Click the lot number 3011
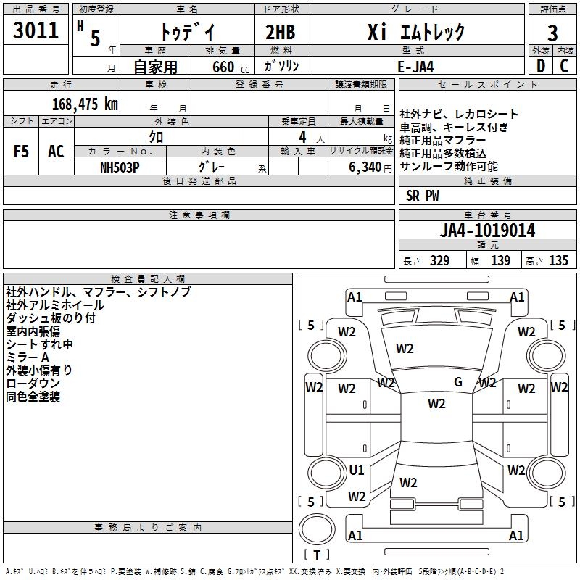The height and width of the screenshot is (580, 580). [36, 32]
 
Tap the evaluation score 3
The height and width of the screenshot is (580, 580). [552, 33]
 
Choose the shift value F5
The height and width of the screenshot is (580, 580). [21, 152]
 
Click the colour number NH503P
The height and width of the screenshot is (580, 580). [120, 167]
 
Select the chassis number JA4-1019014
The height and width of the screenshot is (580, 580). [488, 231]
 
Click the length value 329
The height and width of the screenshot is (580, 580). [437, 261]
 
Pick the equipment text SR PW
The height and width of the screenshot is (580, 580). [423, 196]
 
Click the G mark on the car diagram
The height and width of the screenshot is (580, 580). [458, 382]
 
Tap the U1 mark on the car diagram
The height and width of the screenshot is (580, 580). [357, 471]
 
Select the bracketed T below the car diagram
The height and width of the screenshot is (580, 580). [317, 555]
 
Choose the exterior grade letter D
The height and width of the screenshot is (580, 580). [540, 66]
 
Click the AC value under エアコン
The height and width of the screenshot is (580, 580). [56, 152]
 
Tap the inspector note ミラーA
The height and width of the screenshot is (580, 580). [28, 357]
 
